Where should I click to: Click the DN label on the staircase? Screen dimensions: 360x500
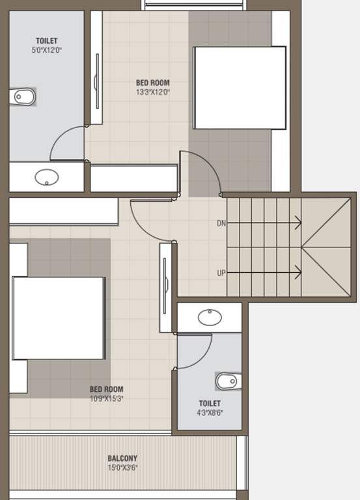coord(221,223)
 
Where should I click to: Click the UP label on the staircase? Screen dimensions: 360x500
coord(221,273)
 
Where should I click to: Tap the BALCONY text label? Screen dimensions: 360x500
coord(122,458)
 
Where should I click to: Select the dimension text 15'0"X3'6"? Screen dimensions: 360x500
coord(122,468)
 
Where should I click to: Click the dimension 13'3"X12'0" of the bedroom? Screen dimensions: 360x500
coord(153,92)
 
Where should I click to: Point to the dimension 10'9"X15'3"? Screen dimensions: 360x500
coord(107,398)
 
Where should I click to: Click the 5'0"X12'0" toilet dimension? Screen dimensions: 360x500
coord(47,50)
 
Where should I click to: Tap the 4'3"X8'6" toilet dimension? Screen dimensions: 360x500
coord(210,413)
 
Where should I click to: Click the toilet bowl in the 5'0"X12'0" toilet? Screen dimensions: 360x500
coord(22,96)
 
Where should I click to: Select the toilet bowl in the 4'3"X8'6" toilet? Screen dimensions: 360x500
coord(228,381)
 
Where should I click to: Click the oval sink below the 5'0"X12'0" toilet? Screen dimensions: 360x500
coord(47,177)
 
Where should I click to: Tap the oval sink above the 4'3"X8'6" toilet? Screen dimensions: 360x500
coord(210,317)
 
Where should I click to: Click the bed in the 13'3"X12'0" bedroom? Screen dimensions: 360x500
coord(240,88)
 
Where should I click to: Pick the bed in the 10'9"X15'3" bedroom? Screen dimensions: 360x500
coord(59,318)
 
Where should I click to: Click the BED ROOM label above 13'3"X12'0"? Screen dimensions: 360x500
coord(153,83)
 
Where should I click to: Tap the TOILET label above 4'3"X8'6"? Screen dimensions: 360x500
coord(210,404)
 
